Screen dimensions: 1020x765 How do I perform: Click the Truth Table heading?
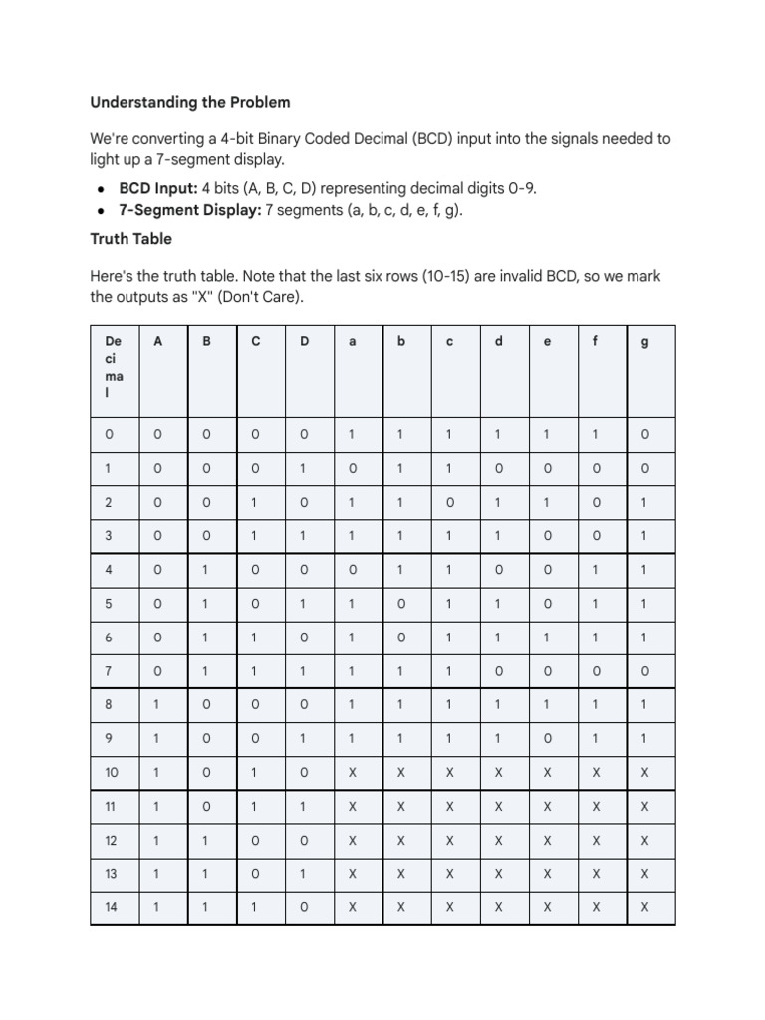click(x=130, y=239)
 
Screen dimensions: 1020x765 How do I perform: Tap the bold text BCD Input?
click(x=158, y=187)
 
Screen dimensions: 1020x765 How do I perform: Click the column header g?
click(x=644, y=341)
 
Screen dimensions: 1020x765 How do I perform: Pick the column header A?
click(x=157, y=341)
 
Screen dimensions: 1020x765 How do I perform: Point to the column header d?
click(x=499, y=341)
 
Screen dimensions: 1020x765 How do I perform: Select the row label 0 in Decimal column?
click(x=110, y=435)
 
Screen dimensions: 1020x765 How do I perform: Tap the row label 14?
click(x=112, y=907)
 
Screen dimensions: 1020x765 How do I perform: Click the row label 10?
click(x=112, y=772)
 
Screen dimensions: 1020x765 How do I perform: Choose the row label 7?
click(x=110, y=671)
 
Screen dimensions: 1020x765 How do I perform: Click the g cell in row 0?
click(x=644, y=435)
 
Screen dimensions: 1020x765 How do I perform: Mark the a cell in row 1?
click(x=352, y=469)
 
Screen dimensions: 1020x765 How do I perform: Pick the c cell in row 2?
click(x=450, y=503)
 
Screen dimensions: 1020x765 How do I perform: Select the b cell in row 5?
click(x=401, y=604)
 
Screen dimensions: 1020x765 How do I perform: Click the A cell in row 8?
click(x=157, y=705)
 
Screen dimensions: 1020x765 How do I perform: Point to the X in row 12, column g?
click(x=644, y=840)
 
